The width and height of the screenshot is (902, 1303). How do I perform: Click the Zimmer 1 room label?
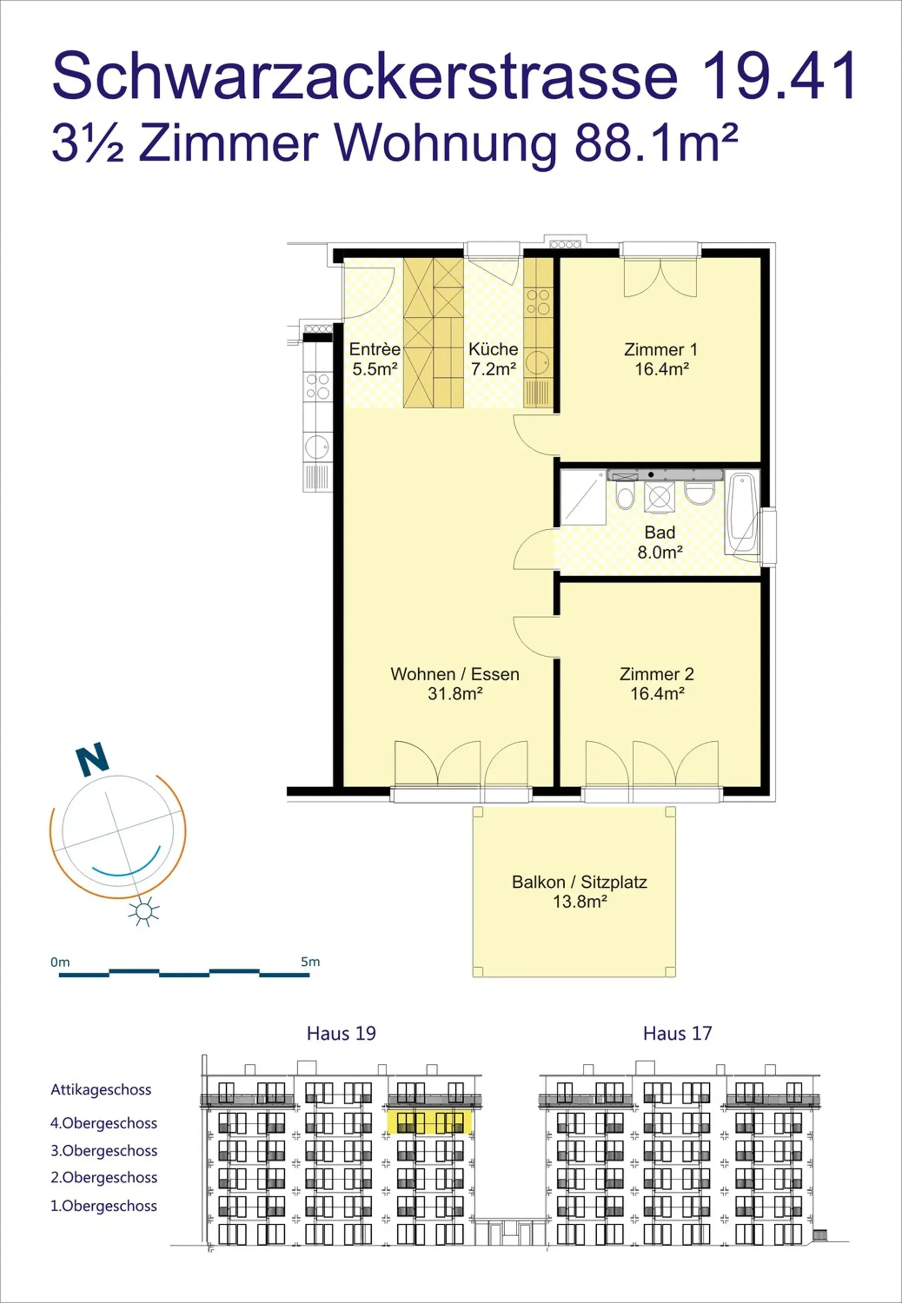click(661, 359)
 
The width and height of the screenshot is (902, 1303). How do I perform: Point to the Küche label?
click(493, 349)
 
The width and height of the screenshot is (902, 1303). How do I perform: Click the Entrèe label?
click(375, 349)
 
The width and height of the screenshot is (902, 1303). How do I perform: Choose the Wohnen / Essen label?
click(455, 674)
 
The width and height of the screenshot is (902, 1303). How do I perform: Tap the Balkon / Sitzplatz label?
click(579, 882)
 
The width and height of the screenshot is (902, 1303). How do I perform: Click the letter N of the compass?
click(92, 759)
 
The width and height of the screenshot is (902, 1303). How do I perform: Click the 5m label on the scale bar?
click(310, 962)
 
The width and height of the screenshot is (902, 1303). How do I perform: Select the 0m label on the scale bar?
click(60, 962)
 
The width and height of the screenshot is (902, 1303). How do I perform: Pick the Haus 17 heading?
click(677, 1033)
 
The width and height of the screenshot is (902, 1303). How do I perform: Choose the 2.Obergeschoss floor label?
click(104, 1178)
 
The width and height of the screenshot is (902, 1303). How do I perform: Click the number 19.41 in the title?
click(779, 75)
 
